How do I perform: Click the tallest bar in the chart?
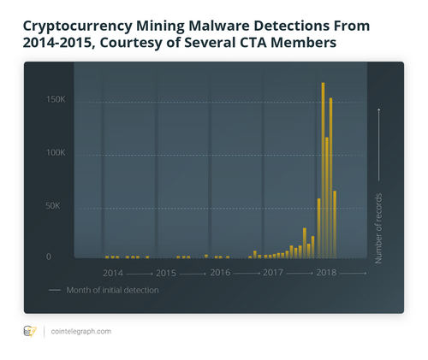pyautogui.click(x=323, y=171)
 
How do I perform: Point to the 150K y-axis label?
pyautogui.click(x=56, y=100)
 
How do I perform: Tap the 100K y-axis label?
pyautogui.click(x=56, y=153)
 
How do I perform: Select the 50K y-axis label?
pyautogui.click(x=57, y=206)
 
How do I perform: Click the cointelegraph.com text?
pyautogui.click(x=80, y=331)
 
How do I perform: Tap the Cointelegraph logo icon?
pyautogui.click(x=31, y=331)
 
